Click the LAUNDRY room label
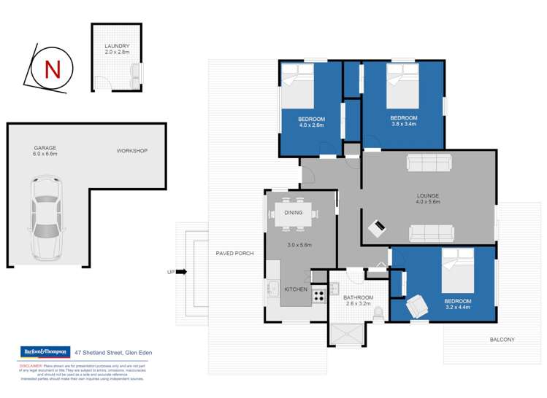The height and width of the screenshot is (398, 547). pyautogui.click(x=117, y=49)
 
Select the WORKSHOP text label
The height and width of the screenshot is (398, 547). pyautogui.click(x=132, y=151)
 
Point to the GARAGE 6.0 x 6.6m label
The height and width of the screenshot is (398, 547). pyautogui.click(x=45, y=151)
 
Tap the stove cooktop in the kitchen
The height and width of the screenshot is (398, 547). pyautogui.click(x=319, y=295)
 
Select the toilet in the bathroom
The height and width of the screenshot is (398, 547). pyautogui.click(x=378, y=312)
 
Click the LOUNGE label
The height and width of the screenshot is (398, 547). pyautogui.click(x=427, y=197)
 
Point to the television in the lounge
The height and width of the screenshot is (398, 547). pyautogui.click(x=377, y=228)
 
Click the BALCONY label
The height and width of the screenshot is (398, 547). pyautogui.click(x=502, y=340)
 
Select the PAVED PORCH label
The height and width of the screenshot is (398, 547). pyautogui.click(x=235, y=254)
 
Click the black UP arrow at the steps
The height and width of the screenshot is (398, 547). pyautogui.click(x=182, y=272)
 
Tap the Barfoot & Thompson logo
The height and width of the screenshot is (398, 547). pyautogui.click(x=45, y=352)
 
